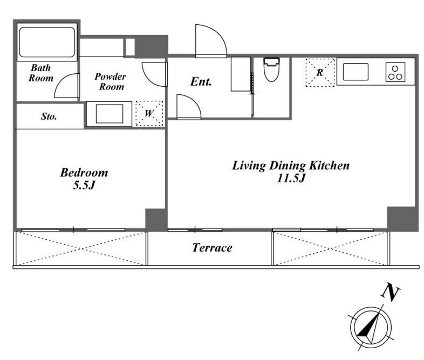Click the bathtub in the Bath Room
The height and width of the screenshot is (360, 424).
pyautogui.click(x=47, y=42)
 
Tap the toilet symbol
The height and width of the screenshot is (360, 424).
pyautogui.click(x=272, y=70)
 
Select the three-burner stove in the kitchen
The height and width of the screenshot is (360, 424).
pyautogui.click(x=395, y=72)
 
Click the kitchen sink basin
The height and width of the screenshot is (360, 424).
pyautogui.click(x=355, y=72)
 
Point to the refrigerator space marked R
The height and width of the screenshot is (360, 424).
pyautogui.click(x=320, y=72)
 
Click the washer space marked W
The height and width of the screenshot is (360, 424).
pyautogui.click(x=149, y=113)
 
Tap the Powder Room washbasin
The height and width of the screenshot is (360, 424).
pyautogui.click(x=110, y=114)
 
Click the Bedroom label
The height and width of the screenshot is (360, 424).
pyautogui.click(x=84, y=172)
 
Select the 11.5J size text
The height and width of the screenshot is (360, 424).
pyautogui.click(x=291, y=178)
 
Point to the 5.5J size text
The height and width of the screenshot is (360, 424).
pyautogui.click(x=84, y=185)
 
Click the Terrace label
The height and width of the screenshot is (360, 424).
pyautogui.click(x=213, y=248)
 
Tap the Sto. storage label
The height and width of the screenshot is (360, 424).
pyautogui.click(x=49, y=116)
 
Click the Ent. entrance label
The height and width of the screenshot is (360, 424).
pyautogui.click(x=201, y=81)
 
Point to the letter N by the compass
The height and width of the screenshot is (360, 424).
pyautogui.click(x=390, y=292)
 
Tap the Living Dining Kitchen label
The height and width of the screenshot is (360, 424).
pyautogui.click(x=291, y=166)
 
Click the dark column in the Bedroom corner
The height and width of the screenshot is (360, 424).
pyautogui.click(x=155, y=219)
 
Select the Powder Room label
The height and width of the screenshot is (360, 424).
pyautogui.click(x=111, y=81)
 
